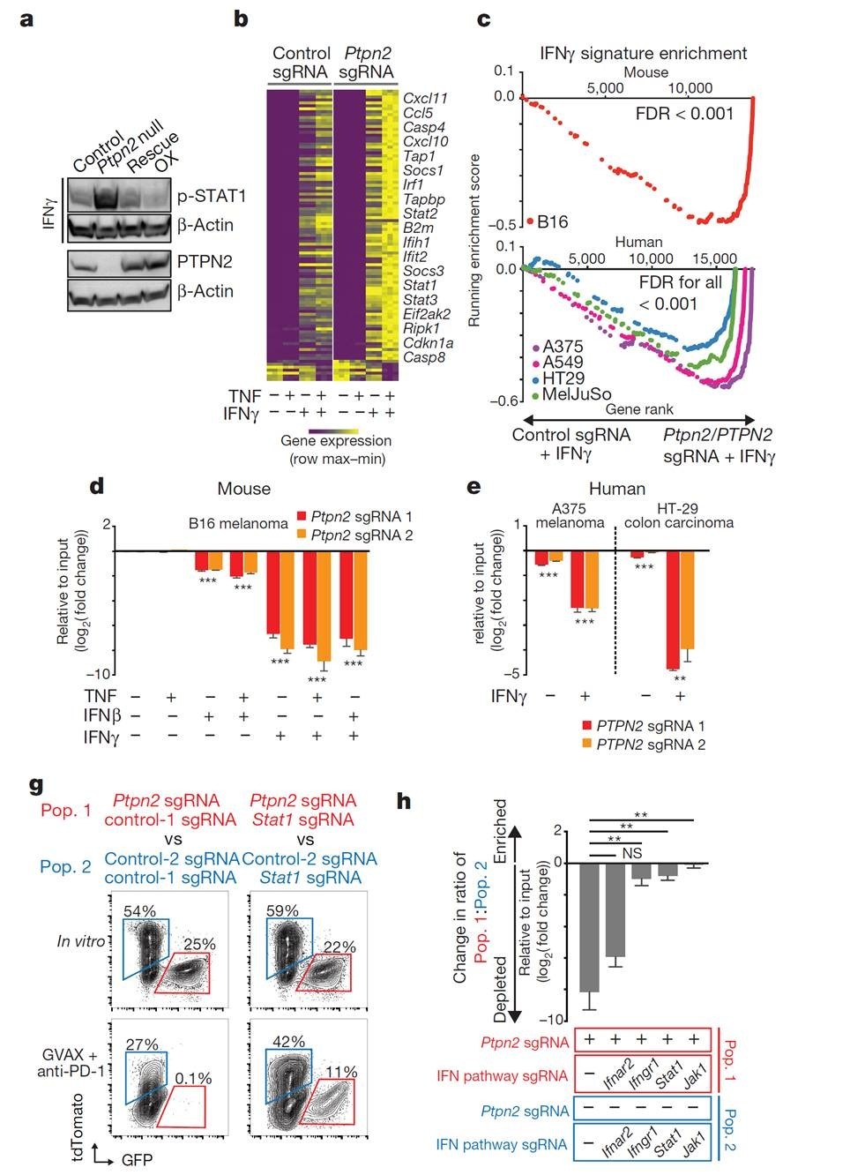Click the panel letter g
point(37,784)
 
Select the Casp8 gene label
point(423,357)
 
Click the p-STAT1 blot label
point(208,196)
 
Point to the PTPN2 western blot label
point(205,261)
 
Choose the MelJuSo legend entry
point(576,394)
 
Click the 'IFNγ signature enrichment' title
point(643,53)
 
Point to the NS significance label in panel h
point(630,853)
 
